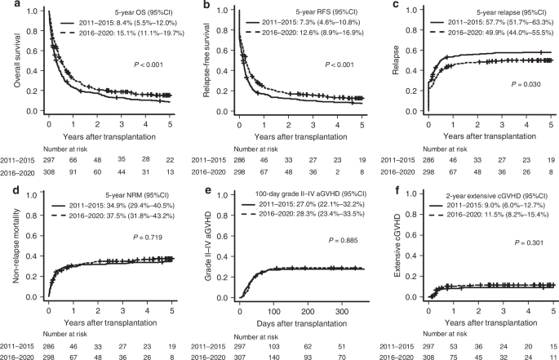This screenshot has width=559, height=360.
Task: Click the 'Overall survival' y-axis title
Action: coord(10,60)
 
